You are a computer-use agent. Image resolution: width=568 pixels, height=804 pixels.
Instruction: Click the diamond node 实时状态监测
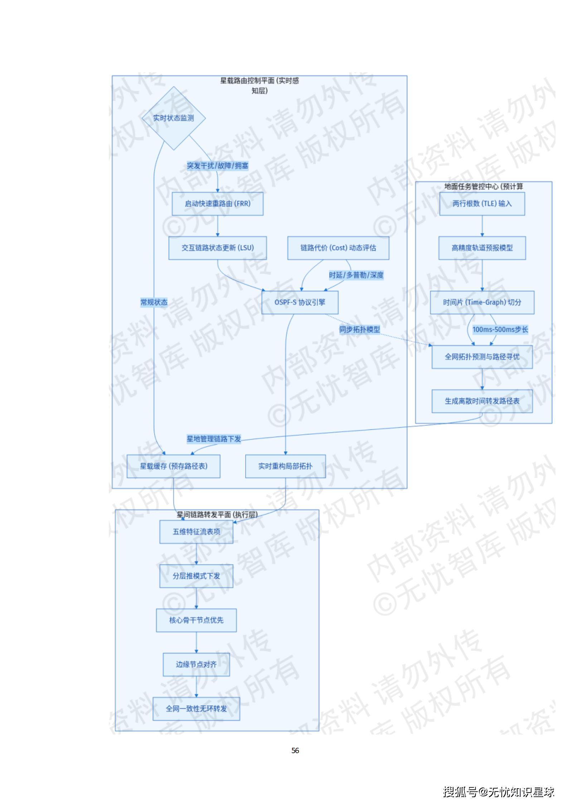point(174,118)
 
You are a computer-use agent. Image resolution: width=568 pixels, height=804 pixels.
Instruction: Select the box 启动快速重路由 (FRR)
point(218,203)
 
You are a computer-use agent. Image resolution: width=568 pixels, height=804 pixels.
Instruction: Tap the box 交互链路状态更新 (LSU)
point(218,248)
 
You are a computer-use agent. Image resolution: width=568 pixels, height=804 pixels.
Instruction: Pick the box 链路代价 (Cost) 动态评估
point(338,248)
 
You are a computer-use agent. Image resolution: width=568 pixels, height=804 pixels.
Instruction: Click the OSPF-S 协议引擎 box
point(300,302)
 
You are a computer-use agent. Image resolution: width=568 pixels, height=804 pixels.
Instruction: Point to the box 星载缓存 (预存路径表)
point(174,466)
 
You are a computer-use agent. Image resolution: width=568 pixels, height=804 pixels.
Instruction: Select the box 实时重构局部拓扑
point(285,466)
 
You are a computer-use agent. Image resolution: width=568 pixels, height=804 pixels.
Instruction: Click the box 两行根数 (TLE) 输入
point(482,203)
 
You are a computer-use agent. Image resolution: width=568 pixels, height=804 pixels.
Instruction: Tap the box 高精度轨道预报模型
point(482,248)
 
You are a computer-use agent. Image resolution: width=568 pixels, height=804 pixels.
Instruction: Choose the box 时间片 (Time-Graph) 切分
point(482,302)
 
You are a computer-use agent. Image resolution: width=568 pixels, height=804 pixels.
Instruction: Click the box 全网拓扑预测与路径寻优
point(482,357)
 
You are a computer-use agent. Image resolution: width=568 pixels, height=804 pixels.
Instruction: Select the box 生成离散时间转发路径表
point(482,401)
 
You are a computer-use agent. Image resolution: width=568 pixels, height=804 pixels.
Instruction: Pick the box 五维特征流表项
point(196,532)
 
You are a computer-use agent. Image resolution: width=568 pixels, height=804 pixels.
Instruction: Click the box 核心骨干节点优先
point(196,620)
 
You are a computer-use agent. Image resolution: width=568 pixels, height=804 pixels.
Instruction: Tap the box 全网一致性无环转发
point(196,708)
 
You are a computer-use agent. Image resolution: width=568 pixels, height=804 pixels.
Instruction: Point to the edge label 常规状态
point(154,302)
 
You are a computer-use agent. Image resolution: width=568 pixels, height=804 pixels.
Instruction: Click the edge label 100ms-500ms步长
point(500,329)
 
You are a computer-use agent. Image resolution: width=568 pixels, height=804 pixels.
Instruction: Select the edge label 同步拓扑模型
point(360,329)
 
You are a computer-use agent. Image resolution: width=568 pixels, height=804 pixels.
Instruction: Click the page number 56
point(295,750)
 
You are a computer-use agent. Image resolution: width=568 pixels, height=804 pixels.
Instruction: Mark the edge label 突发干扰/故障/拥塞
point(218,165)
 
